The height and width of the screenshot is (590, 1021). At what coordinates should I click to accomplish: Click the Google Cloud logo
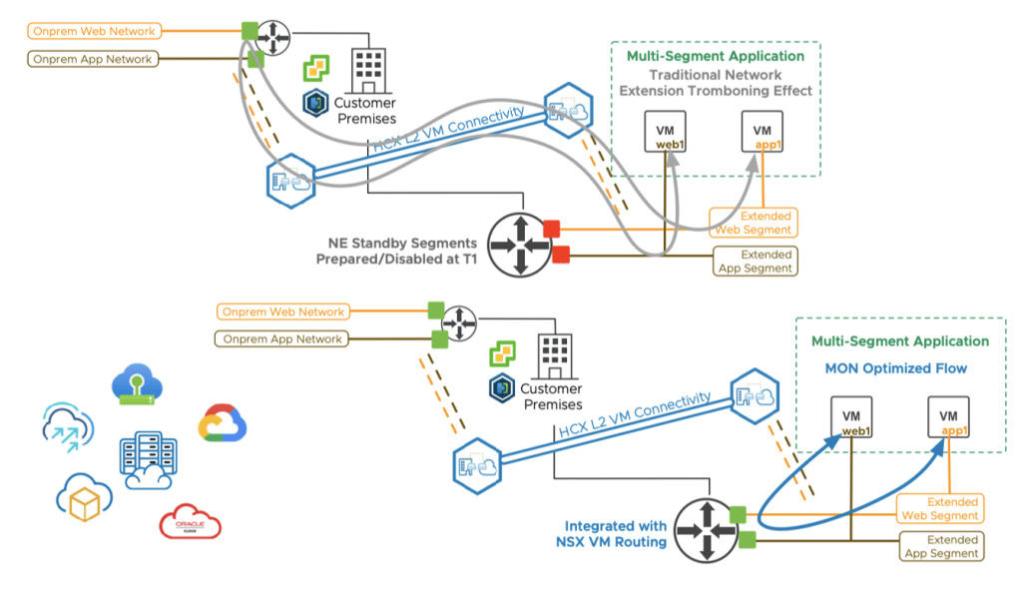coord(223,423)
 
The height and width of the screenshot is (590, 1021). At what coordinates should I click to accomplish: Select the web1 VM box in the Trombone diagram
coord(664,133)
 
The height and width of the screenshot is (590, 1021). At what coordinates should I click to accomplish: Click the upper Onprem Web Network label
coord(92,32)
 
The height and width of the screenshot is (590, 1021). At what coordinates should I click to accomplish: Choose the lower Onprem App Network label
coord(282,339)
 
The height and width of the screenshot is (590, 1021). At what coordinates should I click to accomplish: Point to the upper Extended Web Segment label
coord(753,223)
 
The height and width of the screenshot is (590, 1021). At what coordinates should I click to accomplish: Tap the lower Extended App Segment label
coord(940,546)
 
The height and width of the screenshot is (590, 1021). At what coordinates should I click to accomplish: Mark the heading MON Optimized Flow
coord(895,368)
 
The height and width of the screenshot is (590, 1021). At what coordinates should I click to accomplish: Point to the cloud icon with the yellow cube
coord(85,500)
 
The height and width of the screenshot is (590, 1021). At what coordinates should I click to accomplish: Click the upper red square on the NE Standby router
coord(550,230)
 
